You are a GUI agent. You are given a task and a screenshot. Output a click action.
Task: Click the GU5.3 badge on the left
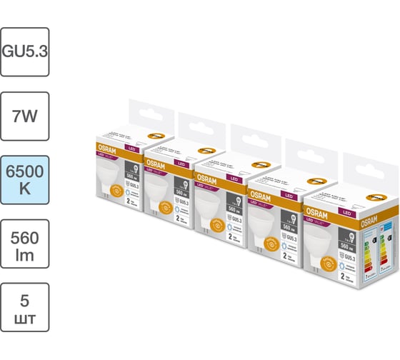(25, 52)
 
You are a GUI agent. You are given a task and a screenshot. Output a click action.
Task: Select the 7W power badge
(25, 116)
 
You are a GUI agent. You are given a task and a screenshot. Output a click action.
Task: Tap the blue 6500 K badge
(25, 179)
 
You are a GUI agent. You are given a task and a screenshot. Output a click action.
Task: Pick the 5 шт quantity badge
(25, 306)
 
